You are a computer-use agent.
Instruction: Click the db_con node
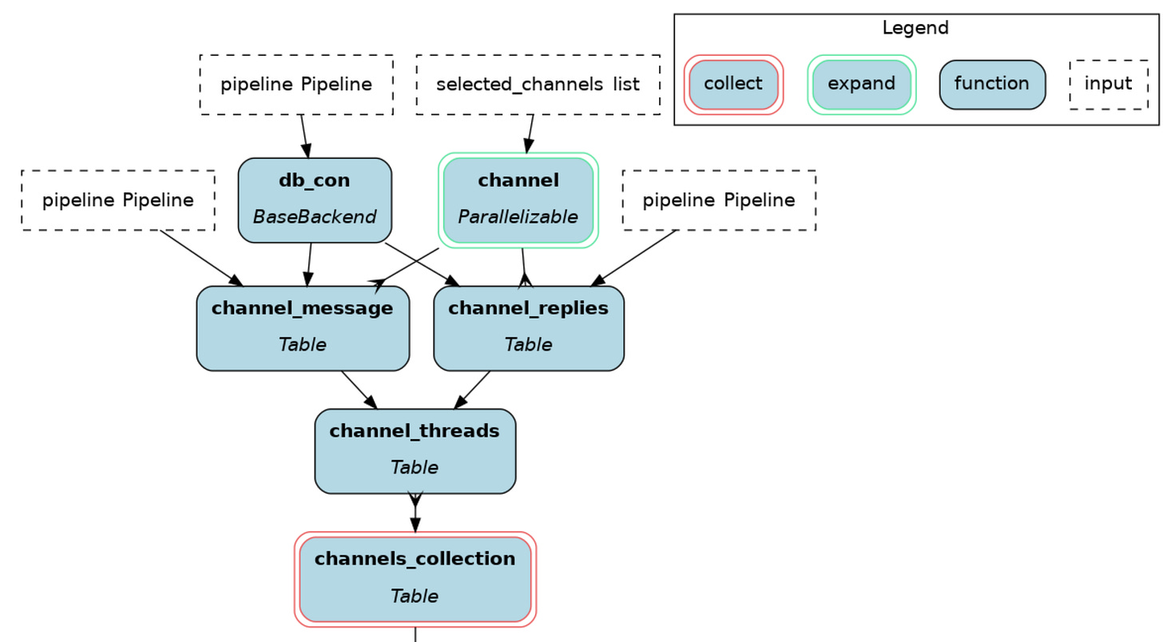click(315, 200)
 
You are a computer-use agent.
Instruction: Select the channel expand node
click(518, 200)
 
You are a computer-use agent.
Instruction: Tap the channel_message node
click(303, 328)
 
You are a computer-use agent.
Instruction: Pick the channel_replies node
click(529, 328)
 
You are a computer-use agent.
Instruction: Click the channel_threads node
click(415, 451)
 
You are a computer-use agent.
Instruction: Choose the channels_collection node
click(415, 579)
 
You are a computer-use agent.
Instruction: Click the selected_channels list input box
click(538, 85)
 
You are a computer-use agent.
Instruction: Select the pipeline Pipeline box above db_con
click(296, 85)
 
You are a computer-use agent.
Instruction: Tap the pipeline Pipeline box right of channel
click(719, 200)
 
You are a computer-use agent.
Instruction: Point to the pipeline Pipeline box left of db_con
click(118, 200)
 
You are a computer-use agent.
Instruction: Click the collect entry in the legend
click(733, 85)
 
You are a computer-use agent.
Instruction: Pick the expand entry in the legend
click(861, 85)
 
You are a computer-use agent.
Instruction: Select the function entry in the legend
click(992, 85)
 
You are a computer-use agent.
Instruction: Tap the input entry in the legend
click(1109, 85)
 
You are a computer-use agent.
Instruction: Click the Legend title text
click(915, 27)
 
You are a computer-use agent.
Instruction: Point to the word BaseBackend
click(315, 216)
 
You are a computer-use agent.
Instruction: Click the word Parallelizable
click(518, 216)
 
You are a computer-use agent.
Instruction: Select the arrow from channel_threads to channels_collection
click(415, 513)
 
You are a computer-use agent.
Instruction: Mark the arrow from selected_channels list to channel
click(530, 134)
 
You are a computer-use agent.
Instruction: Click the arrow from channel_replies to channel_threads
click(472, 390)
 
